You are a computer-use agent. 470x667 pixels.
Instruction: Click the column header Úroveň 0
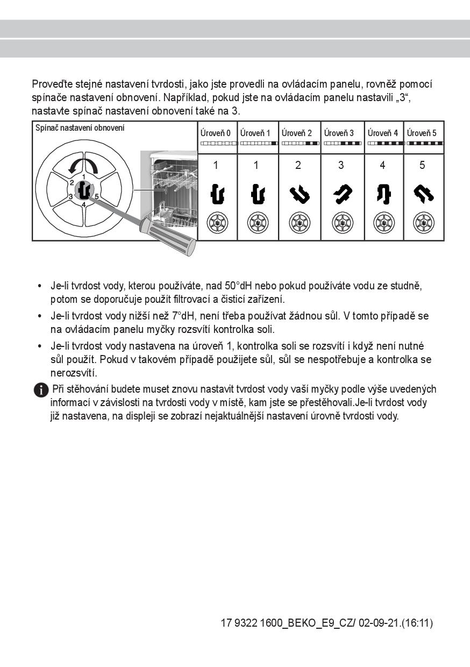[216, 133]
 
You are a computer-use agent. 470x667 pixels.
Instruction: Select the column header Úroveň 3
[339, 133]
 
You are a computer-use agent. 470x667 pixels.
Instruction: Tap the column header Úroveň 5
[422, 133]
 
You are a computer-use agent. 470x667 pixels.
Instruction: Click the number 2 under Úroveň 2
[298, 166]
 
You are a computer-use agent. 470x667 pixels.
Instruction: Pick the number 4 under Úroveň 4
[382, 166]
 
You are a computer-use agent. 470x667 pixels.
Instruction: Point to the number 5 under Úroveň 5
[422, 166]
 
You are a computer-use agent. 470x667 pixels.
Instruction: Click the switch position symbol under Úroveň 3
[340, 194]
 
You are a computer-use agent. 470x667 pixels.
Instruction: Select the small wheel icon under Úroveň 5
[423, 222]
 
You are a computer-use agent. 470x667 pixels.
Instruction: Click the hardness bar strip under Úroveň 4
[384, 144]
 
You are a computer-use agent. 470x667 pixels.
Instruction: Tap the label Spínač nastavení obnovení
[80, 128]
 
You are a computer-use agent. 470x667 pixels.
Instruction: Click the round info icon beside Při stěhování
[41, 390]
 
